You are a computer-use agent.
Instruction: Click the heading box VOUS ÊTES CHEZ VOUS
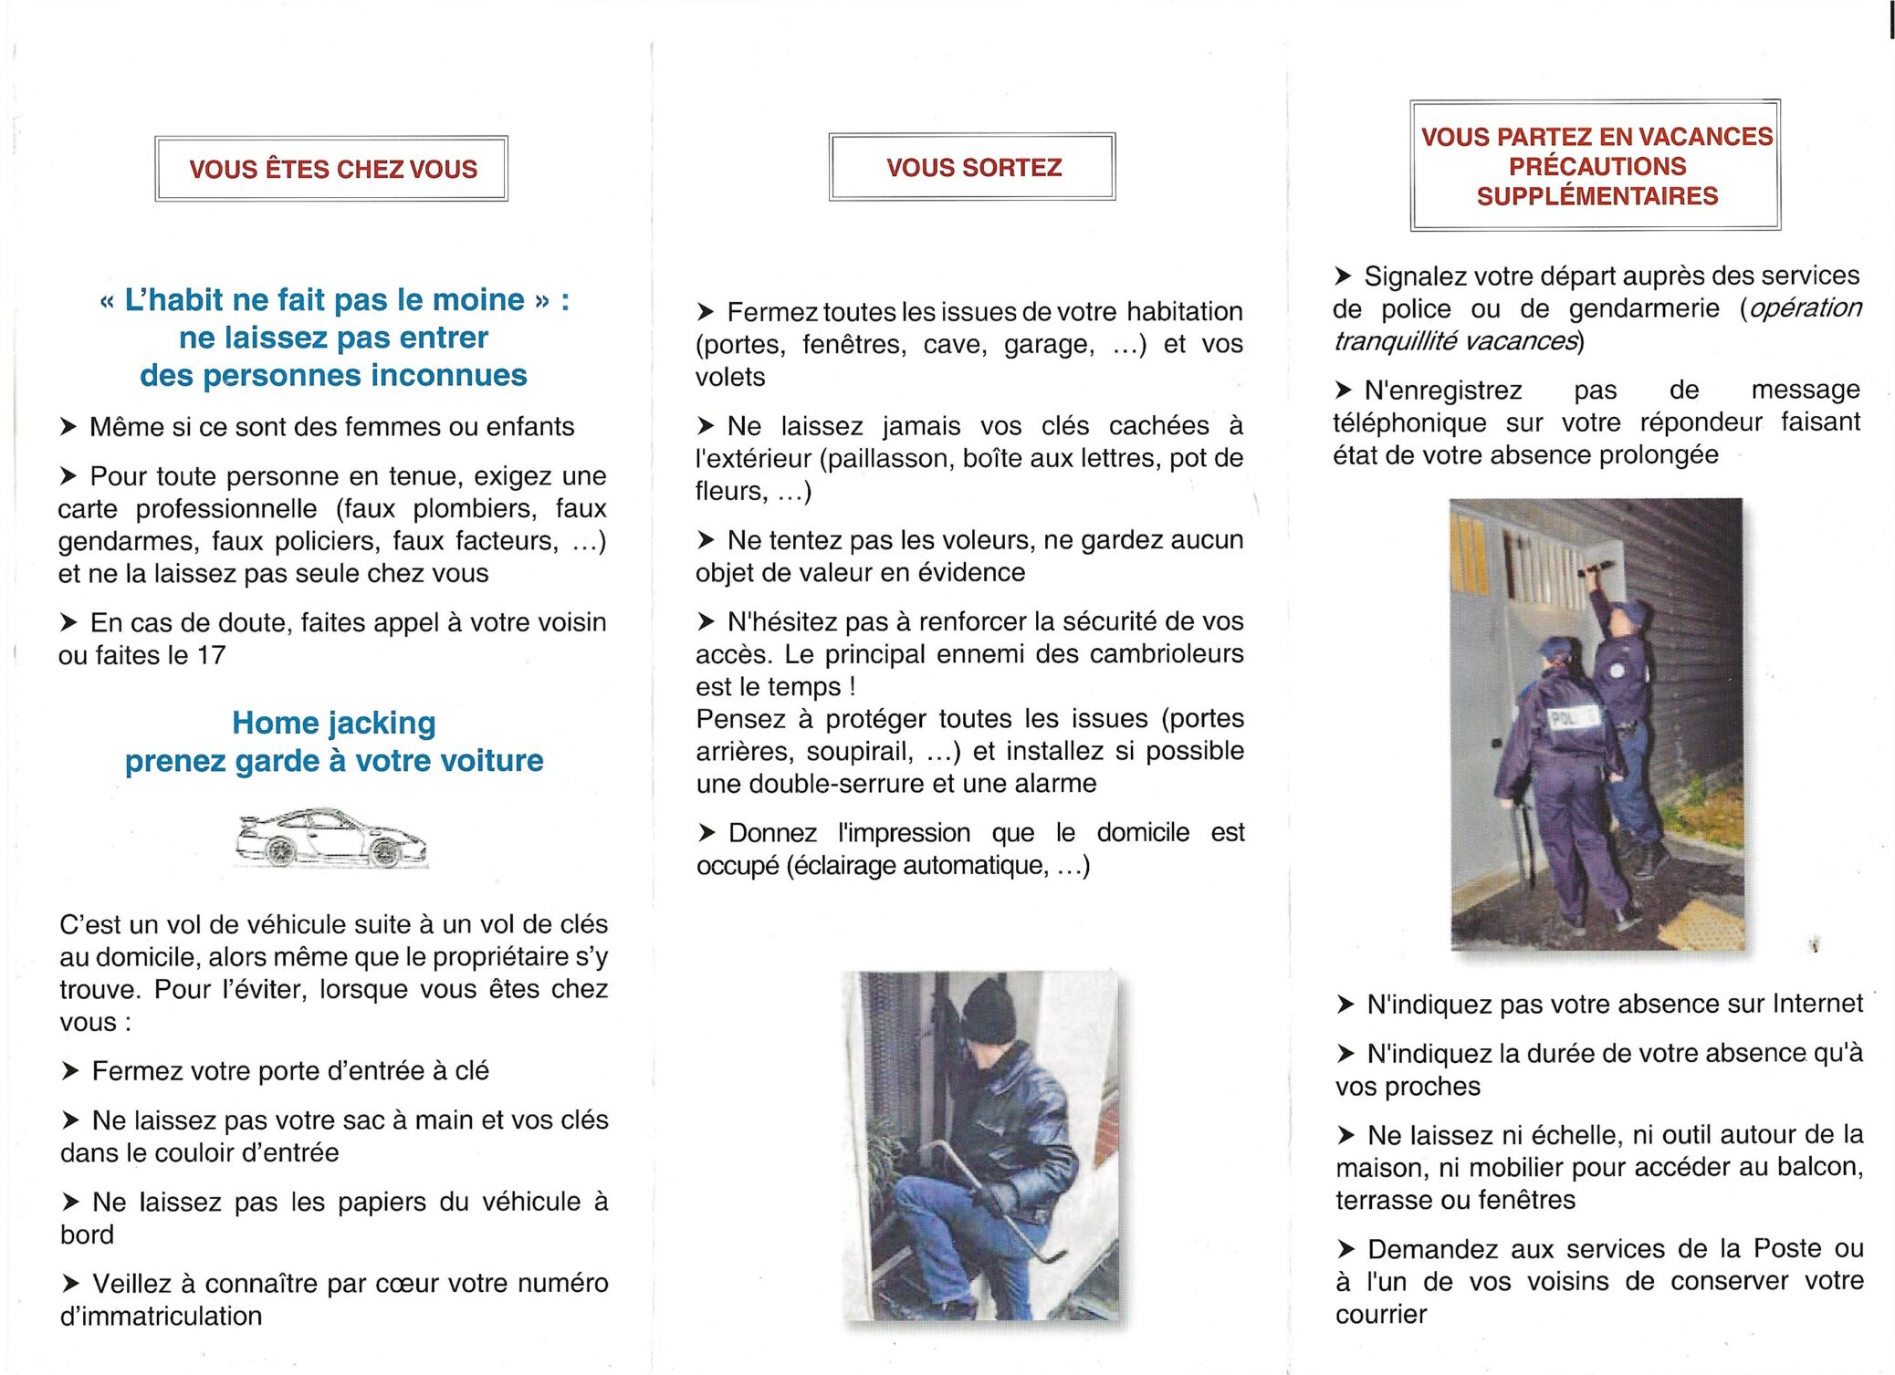click(x=332, y=169)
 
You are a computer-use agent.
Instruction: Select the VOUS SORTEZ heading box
click(x=973, y=167)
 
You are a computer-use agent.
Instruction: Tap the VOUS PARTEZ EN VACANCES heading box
click(x=1596, y=165)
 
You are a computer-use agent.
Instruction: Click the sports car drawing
click(x=330, y=838)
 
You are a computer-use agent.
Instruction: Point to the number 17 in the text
click(x=211, y=655)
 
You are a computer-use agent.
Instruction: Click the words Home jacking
click(x=333, y=723)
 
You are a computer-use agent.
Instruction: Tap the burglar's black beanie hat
click(x=989, y=1011)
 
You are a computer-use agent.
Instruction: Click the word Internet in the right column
click(x=1816, y=1004)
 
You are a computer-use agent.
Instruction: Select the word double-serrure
click(x=822, y=784)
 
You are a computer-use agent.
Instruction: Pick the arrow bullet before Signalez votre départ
click(x=1343, y=276)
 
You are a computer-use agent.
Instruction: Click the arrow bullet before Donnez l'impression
click(x=707, y=832)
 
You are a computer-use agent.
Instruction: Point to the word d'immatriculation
click(x=161, y=1316)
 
